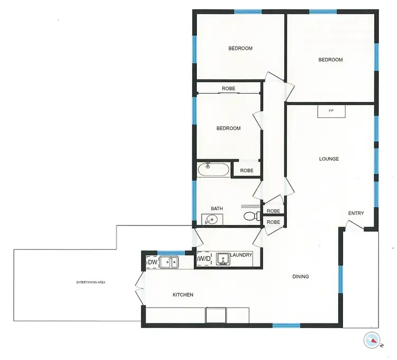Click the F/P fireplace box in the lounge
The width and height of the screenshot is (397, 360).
click(x=331, y=111)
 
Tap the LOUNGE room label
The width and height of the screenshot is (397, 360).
click(x=329, y=159)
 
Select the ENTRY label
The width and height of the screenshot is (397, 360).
click(x=356, y=213)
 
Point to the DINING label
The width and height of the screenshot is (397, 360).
click(x=301, y=276)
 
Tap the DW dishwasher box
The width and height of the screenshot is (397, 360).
click(x=152, y=262)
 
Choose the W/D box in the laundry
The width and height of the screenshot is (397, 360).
click(x=203, y=259)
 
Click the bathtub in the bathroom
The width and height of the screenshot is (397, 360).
click(x=213, y=170)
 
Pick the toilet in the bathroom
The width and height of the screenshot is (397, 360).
click(x=250, y=216)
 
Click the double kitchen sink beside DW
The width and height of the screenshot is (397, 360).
click(x=169, y=262)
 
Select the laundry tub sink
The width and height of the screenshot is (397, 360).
click(x=222, y=258)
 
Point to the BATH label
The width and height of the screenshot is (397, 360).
click(x=216, y=209)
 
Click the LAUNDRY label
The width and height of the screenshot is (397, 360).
click(x=241, y=255)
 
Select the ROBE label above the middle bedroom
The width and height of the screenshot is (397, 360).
click(x=229, y=88)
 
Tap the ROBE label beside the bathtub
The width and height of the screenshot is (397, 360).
click(x=246, y=170)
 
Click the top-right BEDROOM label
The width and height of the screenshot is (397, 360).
click(x=330, y=60)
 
